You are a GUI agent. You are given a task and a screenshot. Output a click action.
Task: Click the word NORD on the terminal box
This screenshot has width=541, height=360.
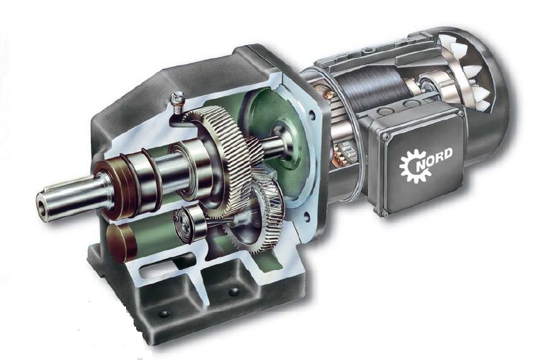coord(435,159)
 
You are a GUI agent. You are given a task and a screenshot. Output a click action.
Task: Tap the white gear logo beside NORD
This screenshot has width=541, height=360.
coord(414,166)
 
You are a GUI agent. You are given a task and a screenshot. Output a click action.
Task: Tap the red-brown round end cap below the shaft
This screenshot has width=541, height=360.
coord(121,243)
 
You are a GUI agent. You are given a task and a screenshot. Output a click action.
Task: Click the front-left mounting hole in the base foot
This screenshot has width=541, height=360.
coord(164,314)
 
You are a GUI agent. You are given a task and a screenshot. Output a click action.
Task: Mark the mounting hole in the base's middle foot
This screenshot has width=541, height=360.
coord(234,292)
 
